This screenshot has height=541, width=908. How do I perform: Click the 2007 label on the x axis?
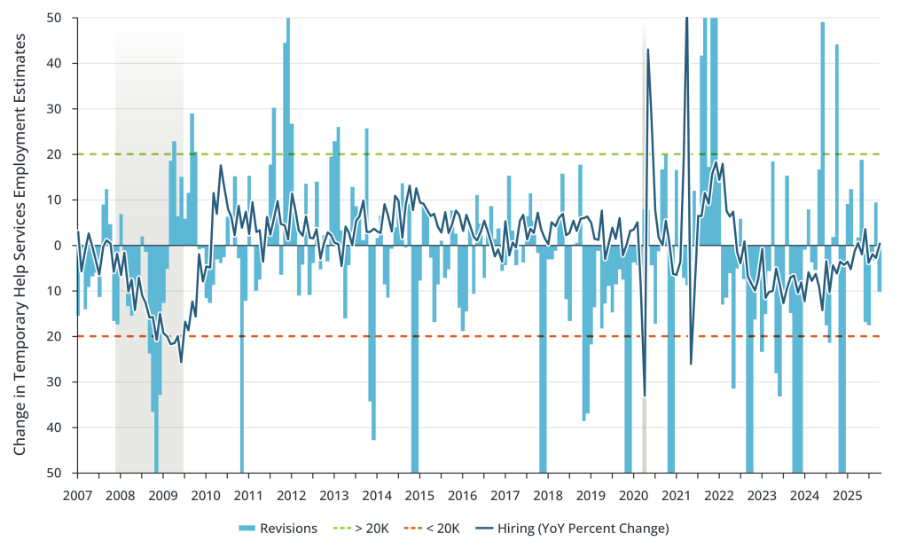77,495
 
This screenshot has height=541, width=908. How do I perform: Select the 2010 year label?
206,495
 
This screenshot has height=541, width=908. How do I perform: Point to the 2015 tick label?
419,495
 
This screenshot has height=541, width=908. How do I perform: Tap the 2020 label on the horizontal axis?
634,495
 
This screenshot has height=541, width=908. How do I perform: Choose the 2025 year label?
848,495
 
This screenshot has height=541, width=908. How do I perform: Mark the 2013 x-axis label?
334,495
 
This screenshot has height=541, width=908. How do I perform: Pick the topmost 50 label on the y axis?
54,18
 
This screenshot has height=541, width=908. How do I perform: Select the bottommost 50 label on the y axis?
54,473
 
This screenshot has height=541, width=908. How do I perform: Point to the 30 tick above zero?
54,109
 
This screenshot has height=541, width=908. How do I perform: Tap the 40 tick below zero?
54,427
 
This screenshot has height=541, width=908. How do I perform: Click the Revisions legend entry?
278,529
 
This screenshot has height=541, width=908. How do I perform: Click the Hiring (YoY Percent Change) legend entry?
574,529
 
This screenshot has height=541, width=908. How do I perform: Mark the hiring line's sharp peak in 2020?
648,50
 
